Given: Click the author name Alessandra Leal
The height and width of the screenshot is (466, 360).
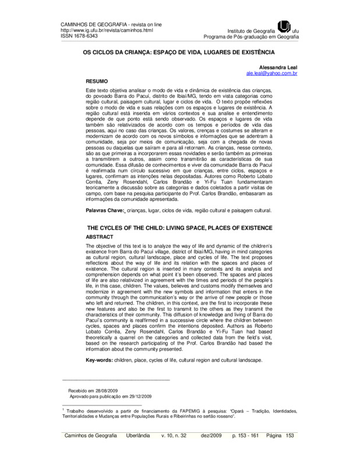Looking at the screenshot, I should [280, 68].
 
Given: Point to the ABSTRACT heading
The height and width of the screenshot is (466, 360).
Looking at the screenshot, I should [100, 238].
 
